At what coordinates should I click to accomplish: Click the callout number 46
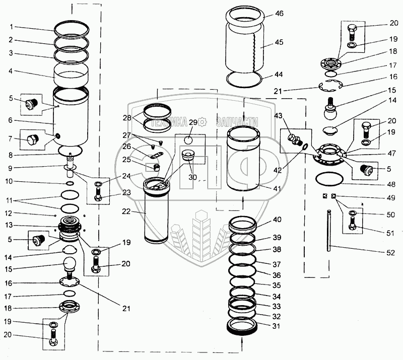[x=279, y=14]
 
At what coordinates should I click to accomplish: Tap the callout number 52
[x=390, y=253]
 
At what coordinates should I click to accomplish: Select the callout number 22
[x=126, y=211]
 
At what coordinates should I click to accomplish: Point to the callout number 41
[x=277, y=188]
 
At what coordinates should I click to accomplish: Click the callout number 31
[x=276, y=326]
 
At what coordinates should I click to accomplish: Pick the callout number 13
[x=9, y=225]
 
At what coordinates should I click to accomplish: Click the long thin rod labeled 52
[x=329, y=231]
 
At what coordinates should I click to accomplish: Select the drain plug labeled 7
[x=33, y=139]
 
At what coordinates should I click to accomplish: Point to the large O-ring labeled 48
[x=329, y=178]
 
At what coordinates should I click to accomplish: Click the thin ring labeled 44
[x=244, y=79]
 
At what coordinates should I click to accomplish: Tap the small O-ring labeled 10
[x=70, y=183]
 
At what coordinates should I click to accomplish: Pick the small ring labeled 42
[x=305, y=147]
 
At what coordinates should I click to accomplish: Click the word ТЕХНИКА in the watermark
[x=169, y=122]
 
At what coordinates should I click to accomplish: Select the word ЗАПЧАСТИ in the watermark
[x=237, y=122]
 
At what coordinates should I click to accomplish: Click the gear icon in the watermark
[x=203, y=122]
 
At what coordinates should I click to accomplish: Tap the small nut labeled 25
[x=156, y=168]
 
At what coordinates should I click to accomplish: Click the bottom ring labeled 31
[x=242, y=327]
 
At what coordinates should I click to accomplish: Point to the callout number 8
[x=11, y=155]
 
